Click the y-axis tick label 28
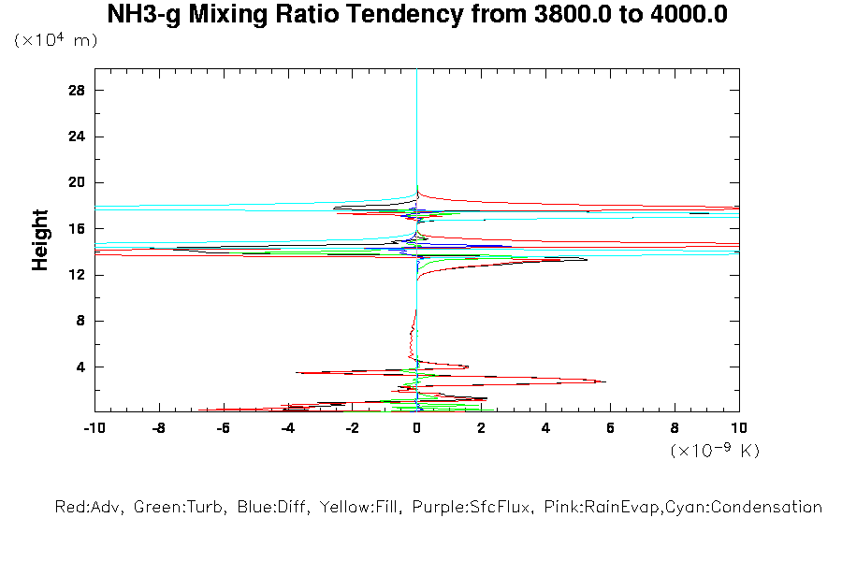click(x=77, y=90)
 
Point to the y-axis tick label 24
click(x=77, y=137)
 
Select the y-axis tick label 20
click(x=77, y=182)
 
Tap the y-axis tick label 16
click(x=77, y=228)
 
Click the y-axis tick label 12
click(x=77, y=275)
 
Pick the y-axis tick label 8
click(x=80, y=321)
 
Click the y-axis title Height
click(x=40, y=240)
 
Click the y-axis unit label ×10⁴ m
click(x=56, y=41)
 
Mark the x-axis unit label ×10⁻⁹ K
click(x=715, y=451)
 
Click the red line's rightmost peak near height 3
click(x=604, y=381)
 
